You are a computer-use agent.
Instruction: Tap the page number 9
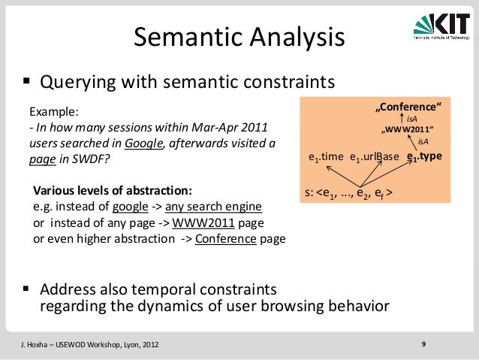pyautogui.click(x=424, y=344)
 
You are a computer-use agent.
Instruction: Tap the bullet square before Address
pyautogui.click(x=26, y=290)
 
